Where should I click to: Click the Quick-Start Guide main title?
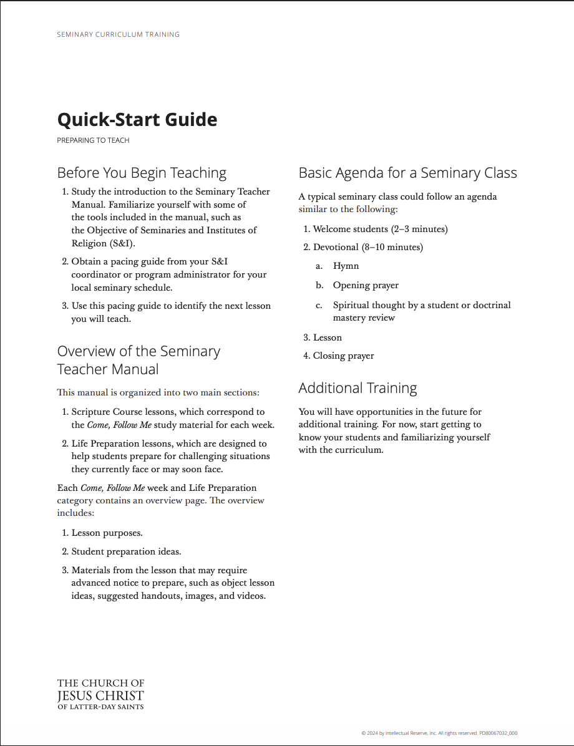tap(137, 119)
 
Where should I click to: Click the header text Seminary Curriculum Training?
tap(118, 34)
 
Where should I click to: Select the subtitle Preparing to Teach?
tap(93, 140)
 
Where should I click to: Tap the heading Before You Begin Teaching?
tap(142, 173)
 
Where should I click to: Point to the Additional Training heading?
tap(358, 388)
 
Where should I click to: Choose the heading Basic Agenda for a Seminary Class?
tap(407, 173)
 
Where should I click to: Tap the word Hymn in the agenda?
tap(346, 266)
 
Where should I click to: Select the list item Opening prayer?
tap(366, 286)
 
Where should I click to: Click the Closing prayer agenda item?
tap(343, 356)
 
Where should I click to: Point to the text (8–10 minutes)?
tap(392, 248)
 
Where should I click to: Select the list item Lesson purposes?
tap(107, 533)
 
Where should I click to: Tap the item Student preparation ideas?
tap(126, 552)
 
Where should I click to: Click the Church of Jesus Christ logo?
tap(100, 694)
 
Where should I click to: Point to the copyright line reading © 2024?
tap(439, 734)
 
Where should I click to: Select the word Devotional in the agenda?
tap(336, 248)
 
